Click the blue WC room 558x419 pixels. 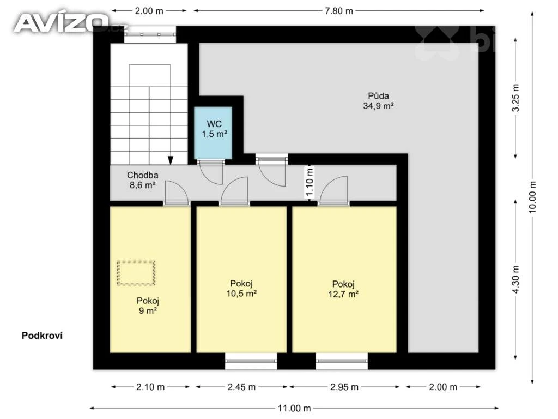213,133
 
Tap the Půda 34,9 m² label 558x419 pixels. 378,101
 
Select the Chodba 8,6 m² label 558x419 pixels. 142,180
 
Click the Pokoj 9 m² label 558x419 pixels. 148,306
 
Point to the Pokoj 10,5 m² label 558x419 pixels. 241,289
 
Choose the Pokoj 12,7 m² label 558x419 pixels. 343,289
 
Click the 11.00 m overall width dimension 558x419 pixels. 294,408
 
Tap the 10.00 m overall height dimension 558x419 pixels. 532,197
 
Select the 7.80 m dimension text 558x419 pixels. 339,11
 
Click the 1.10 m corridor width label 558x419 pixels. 310,182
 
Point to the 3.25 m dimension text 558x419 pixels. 515,98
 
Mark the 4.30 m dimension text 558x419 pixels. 515,280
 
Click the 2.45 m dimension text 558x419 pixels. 241,387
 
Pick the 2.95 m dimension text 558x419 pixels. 344,387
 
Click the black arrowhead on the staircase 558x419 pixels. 171,160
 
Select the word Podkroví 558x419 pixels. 42,336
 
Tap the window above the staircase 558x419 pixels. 150,34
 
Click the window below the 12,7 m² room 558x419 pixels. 342,361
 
